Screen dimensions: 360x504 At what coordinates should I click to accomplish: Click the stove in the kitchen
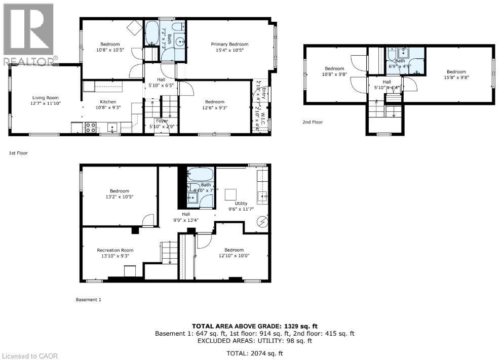coord(91,128)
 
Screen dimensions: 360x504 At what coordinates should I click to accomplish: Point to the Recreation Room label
coord(115,250)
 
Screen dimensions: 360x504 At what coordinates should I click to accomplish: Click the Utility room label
coord(241,203)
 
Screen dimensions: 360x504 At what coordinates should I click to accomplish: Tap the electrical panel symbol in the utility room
coord(262,221)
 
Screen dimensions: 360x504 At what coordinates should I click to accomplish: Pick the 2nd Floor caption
coord(313,122)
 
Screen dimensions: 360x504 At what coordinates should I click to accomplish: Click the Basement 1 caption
coord(88,300)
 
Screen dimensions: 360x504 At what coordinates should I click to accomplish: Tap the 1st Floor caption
coord(17,152)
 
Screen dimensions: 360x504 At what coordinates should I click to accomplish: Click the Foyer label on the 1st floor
coord(162,121)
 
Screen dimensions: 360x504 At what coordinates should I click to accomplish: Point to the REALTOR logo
coord(28,33)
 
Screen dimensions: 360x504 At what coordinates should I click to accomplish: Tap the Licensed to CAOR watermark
coord(29,356)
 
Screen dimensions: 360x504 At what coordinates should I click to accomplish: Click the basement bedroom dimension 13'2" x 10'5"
coord(120,196)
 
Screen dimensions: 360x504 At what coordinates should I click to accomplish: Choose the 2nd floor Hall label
coord(386,82)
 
